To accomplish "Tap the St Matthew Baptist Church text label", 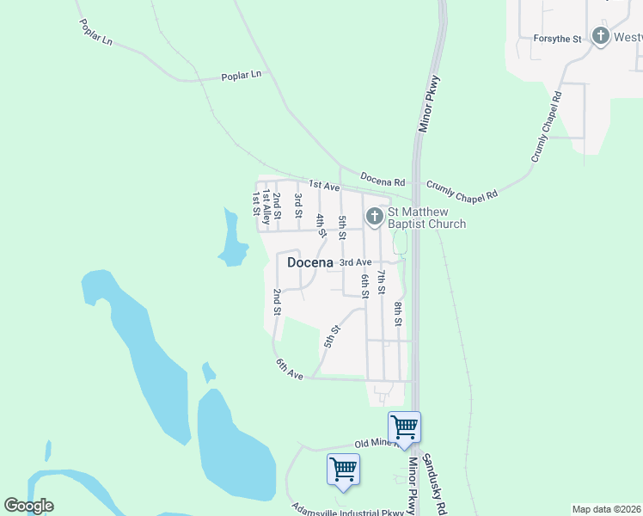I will coord(426,218).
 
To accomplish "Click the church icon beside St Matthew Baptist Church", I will coord(374,217).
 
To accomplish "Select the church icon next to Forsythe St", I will coord(600,37).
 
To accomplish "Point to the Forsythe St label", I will coord(557,39).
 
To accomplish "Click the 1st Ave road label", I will coord(325,185).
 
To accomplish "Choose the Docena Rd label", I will coord(382,181).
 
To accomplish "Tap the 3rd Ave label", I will coord(355,261).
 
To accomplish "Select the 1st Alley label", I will coord(266,208).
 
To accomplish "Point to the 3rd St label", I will coord(298,206).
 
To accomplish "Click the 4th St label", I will coord(321,225).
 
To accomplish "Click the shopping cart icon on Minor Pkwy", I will coord(404,427).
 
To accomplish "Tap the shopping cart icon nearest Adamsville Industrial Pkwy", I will coord(343,470).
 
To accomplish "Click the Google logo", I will coord(28,506).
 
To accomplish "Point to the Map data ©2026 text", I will coord(606,509).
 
